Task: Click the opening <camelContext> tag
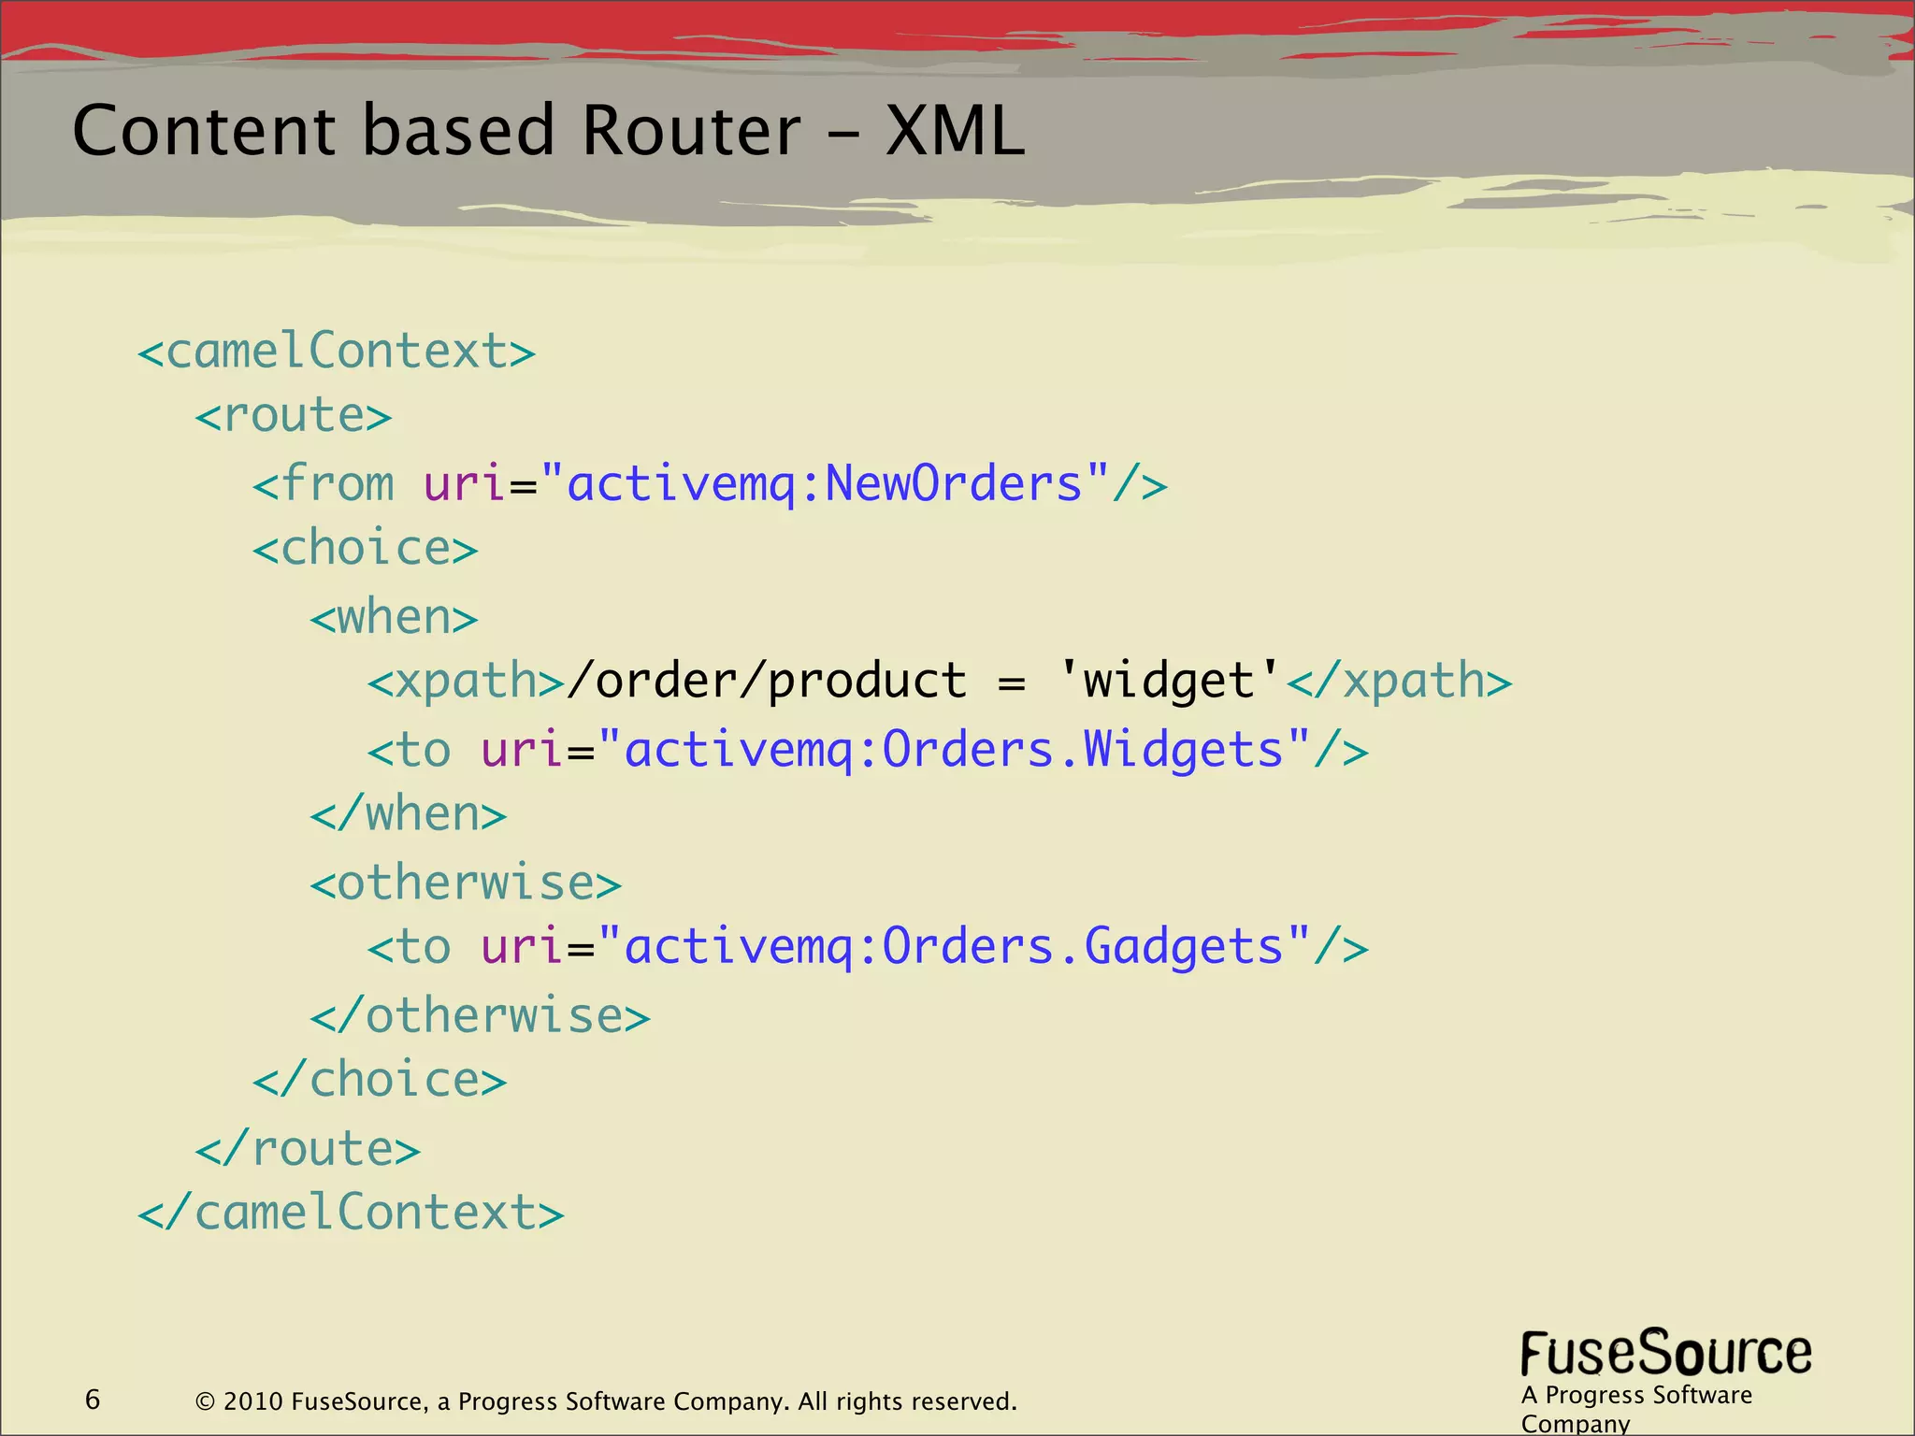point(337,352)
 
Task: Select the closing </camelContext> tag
point(351,1213)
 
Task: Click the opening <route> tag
point(294,416)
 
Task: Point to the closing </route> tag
point(308,1149)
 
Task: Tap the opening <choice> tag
point(365,549)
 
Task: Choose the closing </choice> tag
point(380,1082)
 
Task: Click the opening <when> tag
point(394,618)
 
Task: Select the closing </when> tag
point(409,814)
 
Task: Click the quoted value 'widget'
point(1169,681)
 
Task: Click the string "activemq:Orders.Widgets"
point(954,750)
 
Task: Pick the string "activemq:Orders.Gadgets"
point(954,946)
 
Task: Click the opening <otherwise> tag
point(466,883)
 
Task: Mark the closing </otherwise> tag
point(480,1016)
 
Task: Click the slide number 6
point(93,1400)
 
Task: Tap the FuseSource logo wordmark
point(1665,1355)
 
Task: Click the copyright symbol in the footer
point(205,1401)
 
